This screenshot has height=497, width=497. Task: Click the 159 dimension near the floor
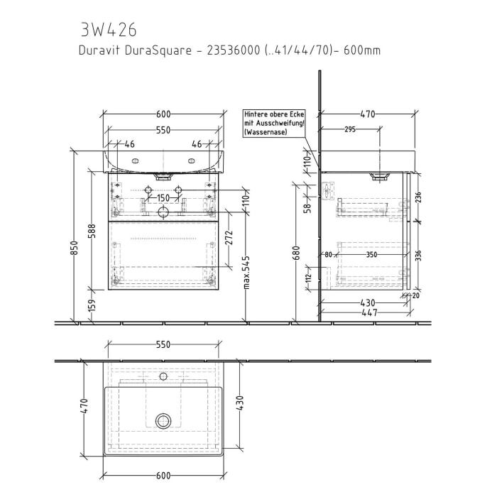(x=91, y=306)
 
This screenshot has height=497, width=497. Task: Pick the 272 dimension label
(x=229, y=239)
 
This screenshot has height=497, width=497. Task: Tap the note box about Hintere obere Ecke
(x=273, y=122)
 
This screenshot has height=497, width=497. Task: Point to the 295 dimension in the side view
(x=349, y=129)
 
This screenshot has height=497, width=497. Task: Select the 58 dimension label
(x=307, y=208)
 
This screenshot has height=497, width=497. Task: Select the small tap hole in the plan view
(x=163, y=376)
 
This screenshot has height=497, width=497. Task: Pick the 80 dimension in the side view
(x=329, y=253)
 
